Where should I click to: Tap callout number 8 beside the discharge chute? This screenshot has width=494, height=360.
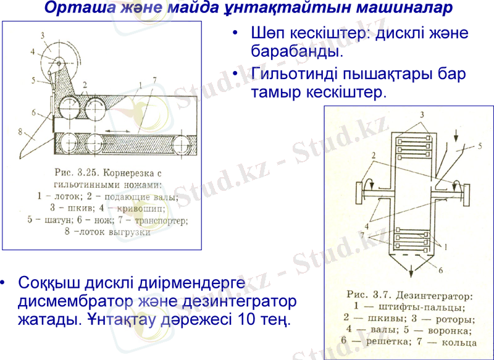click(x=21, y=131)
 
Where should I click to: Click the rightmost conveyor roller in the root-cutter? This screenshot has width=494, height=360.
click(x=183, y=144)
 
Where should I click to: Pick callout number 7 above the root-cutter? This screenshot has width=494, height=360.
click(x=154, y=78)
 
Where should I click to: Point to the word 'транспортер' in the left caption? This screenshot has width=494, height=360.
click(x=158, y=219)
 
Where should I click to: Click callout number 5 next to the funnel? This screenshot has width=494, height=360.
click(x=479, y=146)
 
